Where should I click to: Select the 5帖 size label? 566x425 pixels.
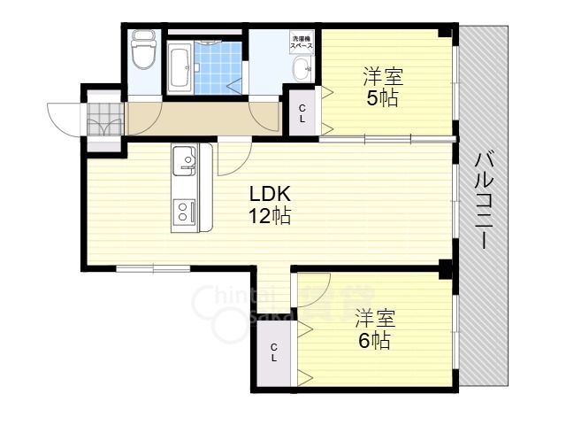click(x=382, y=98)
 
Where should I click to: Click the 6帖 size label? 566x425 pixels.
click(x=374, y=340)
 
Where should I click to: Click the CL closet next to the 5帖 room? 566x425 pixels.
click(x=302, y=112)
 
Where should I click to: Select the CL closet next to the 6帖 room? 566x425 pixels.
click(x=274, y=352)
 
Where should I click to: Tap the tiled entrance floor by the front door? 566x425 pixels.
click(x=104, y=118)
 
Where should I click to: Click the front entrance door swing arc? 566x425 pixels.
click(x=65, y=120)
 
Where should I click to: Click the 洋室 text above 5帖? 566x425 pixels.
click(x=382, y=76)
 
